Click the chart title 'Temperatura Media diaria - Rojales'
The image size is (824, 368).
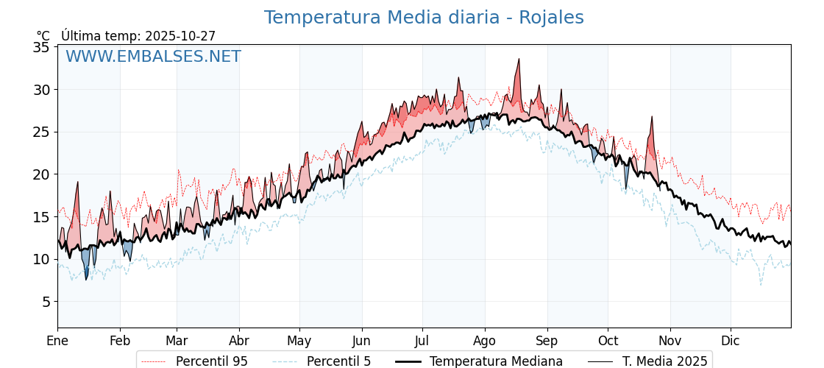pos(424,18)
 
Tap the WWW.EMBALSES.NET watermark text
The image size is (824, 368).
pos(153,57)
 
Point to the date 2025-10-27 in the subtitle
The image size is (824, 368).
pos(180,36)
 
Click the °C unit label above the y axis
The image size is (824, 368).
pos(43,36)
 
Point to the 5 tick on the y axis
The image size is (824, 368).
pos(46,302)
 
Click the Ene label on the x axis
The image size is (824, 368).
pos(57,341)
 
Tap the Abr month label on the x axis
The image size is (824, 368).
pos(239,341)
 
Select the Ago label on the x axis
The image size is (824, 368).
pos(485,341)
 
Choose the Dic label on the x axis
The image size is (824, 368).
pos(731,341)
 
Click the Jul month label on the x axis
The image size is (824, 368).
pos(422,341)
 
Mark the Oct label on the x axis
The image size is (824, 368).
pos(608,341)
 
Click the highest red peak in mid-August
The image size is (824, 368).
pos(519,60)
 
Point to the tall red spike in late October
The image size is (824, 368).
pos(652,117)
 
